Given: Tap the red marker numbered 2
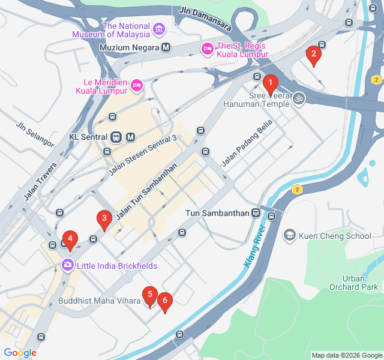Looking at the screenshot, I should click(x=313, y=55).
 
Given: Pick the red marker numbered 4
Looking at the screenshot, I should click(x=70, y=239).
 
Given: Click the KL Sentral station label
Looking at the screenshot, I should click(x=88, y=137).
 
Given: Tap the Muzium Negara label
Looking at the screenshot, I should click(x=130, y=47).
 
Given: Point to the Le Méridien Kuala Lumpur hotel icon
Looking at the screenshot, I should click(x=136, y=85).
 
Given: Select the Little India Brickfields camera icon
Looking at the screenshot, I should click(x=67, y=264).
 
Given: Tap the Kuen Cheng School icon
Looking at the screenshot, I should click(x=289, y=235).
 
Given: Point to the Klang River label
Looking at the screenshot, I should click(x=254, y=246).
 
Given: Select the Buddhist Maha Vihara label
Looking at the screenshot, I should click(x=98, y=301).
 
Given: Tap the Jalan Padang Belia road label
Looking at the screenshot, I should click(x=247, y=143).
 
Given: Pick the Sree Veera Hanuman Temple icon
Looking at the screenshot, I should click(x=298, y=97).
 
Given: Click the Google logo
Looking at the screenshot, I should click(x=20, y=353).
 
